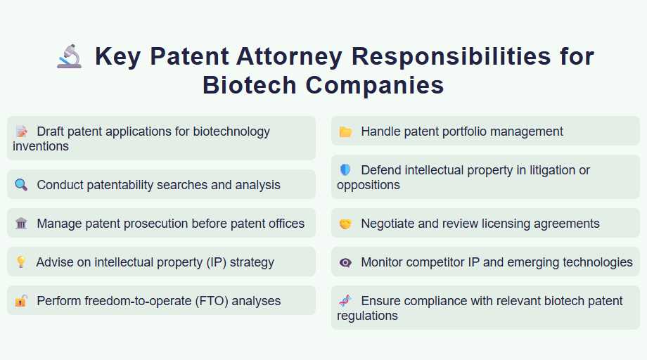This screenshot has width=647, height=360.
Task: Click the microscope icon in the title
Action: (69, 56)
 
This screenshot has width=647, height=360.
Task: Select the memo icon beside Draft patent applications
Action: (21, 131)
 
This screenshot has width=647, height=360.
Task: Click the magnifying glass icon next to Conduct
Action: (21, 185)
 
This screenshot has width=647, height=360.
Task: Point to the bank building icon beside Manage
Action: (21, 224)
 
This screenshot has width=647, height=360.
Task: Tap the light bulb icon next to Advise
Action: (21, 262)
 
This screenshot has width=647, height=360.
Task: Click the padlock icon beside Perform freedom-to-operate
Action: (21, 301)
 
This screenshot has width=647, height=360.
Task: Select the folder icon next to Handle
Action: (345, 131)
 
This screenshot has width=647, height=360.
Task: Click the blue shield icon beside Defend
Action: (345, 170)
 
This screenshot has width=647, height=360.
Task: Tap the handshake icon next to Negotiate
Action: (345, 224)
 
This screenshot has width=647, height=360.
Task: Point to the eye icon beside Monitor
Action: (345, 262)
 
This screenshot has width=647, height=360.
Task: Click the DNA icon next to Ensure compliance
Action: (345, 301)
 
